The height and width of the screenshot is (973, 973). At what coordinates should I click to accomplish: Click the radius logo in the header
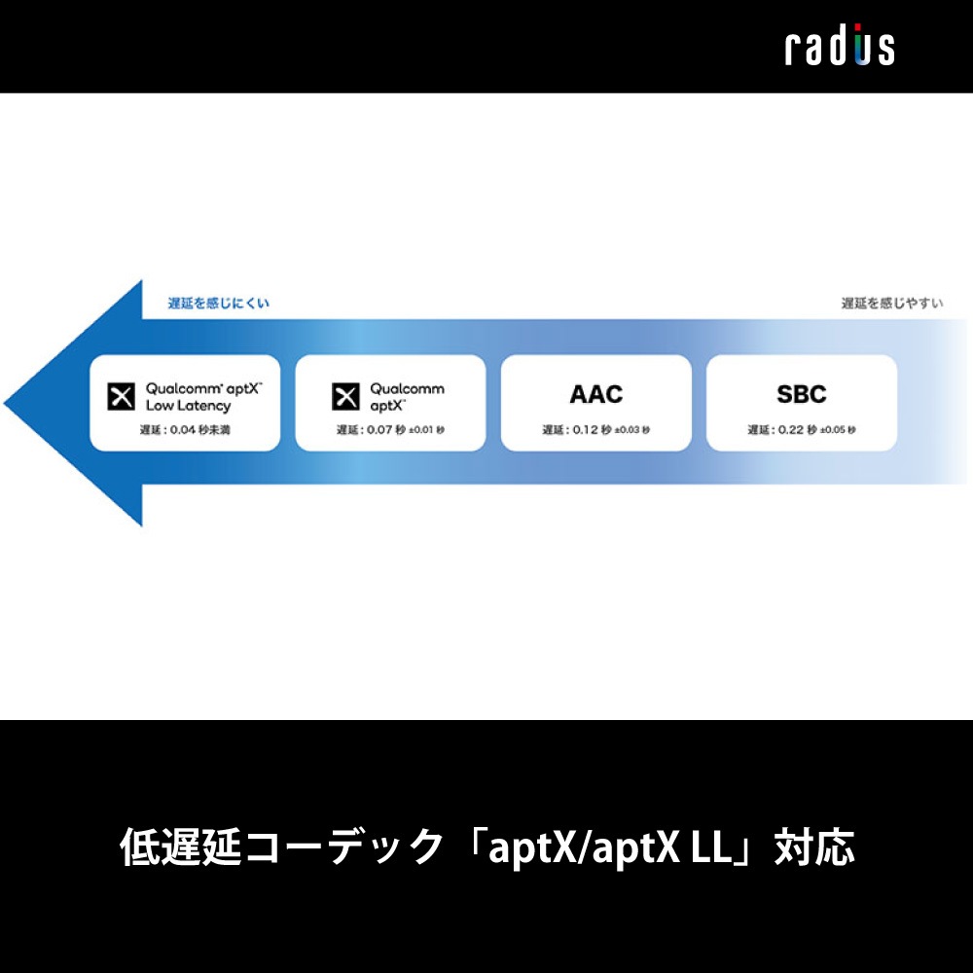coord(840,47)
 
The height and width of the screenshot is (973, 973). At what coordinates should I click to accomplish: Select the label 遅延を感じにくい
coord(205,304)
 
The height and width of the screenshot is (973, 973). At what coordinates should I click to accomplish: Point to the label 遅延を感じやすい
coord(892,304)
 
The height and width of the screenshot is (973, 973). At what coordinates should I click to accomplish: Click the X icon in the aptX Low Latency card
coord(122,395)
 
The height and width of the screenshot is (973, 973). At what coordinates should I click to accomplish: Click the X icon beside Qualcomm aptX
coord(346,395)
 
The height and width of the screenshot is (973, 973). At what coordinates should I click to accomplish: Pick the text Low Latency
coord(188,406)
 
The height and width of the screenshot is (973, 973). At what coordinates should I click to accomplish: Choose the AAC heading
coord(595,394)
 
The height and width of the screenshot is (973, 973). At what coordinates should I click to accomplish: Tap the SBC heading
coord(801,394)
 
